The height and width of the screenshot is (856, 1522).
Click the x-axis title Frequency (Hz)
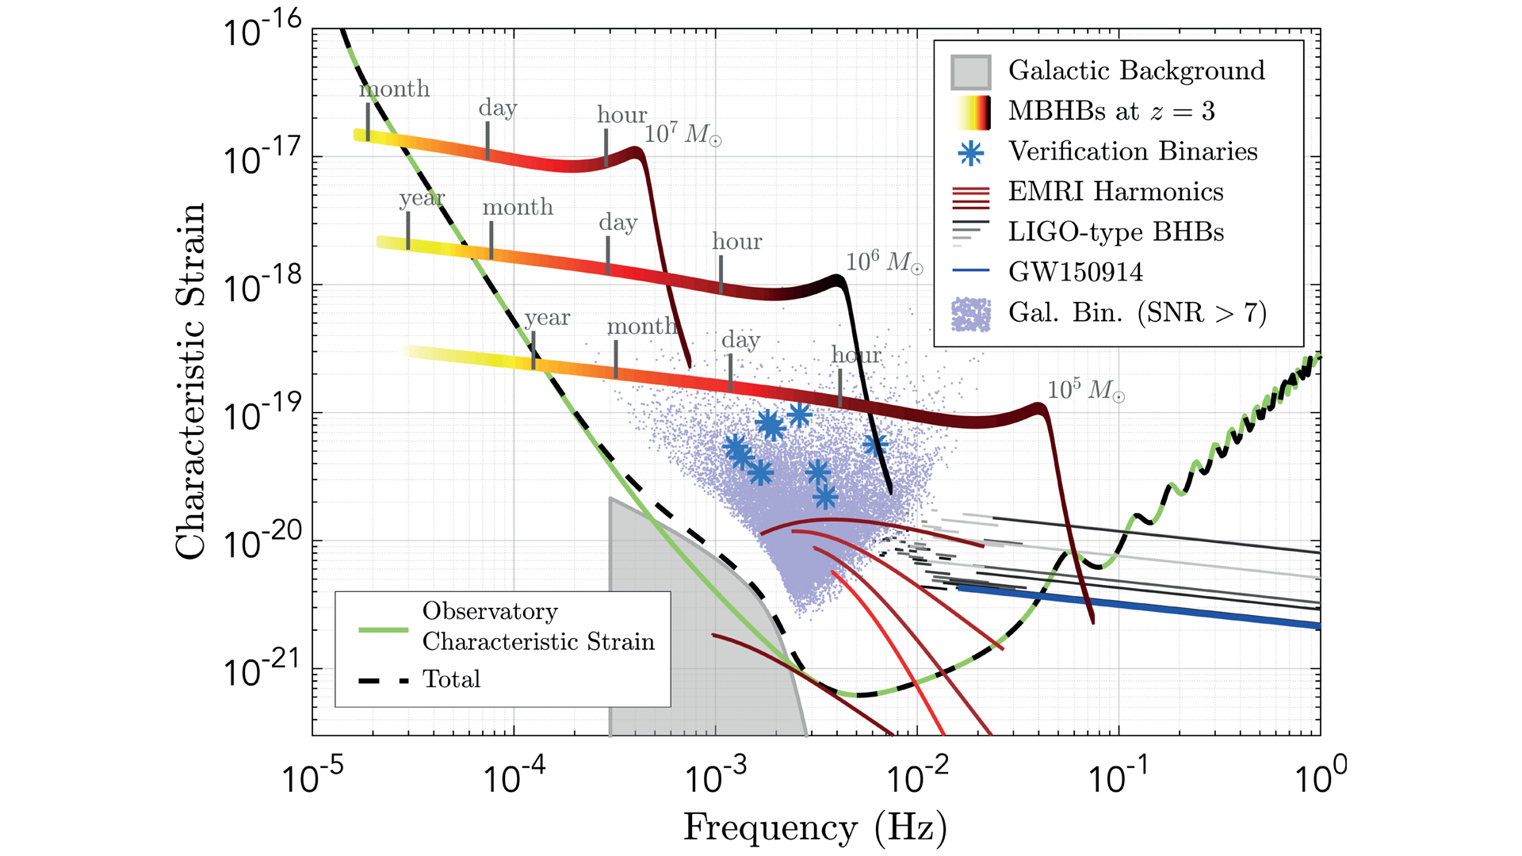pyautogui.click(x=815, y=827)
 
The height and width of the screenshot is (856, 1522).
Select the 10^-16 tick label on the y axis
pyautogui.click(x=262, y=32)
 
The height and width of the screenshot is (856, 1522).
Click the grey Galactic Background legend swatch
pyautogui.click(x=970, y=72)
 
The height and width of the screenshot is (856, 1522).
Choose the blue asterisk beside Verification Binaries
pyautogui.click(x=970, y=153)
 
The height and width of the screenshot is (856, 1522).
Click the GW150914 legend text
pyautogui.click(x=1076, y=273)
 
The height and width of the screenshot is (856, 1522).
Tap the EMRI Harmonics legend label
pyautogui.click(x=1115, y=192)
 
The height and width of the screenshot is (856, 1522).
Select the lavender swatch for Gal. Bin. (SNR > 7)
pyautogui.click(x=970, y=314)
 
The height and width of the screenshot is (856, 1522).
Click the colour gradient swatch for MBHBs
pyautogui.click(x=970, y=113)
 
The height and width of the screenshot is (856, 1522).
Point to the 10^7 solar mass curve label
pyautogui.click(x=683, y=133)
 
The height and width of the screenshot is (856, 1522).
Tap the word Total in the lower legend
pyautogui.click(x=451, y=679)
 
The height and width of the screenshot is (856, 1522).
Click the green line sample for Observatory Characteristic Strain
pyautogui.click(x=384, y=630)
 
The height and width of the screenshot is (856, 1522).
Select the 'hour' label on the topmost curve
pyautogui.click(x=621, y=116)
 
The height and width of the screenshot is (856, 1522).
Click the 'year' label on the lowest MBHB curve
pyautogui.click(x=547, y=318)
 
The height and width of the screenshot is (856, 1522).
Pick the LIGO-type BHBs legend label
pyautogui.click(x=1115, y=232)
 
